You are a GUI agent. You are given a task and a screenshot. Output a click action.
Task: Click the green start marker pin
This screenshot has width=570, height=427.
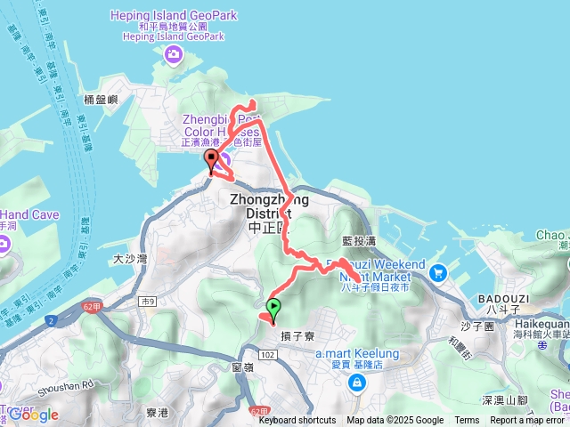tap(273, 310)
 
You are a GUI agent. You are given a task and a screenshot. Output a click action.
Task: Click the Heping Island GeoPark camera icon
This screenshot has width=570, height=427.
tap(173, 57)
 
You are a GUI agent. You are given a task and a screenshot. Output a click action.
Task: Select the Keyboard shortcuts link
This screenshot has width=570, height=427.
tap(297, 421)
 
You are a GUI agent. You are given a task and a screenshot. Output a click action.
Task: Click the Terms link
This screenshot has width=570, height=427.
tap(467, 421)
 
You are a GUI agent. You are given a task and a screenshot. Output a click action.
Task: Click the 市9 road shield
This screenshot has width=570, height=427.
tap(146, 302)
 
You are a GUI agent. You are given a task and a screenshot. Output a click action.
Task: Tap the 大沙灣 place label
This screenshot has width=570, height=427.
tap(130, 260)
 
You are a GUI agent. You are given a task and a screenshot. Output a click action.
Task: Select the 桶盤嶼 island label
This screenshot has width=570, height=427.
tap(101, 100)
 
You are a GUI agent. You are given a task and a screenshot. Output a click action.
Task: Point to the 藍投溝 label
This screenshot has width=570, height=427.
tap(360, 240)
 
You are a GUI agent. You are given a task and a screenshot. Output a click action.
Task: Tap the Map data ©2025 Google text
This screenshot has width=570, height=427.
tap(395, 421)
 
